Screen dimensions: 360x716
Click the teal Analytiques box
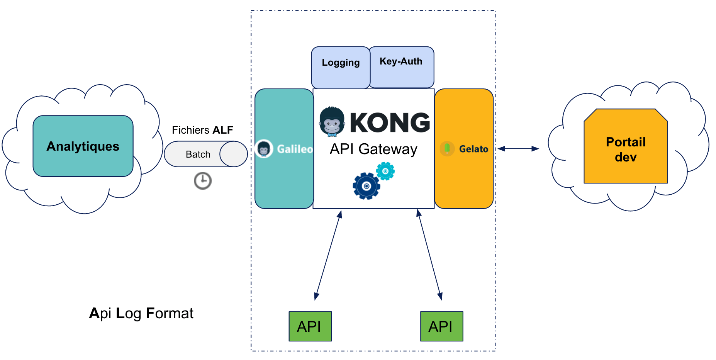click(83, 146)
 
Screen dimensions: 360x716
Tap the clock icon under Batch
click(203, 181)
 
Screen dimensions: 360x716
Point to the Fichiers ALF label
click(202, 130)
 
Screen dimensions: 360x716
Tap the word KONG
click(390, 123)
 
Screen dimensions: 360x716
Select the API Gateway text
click(373, 149)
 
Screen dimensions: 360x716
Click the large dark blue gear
click(366, 186)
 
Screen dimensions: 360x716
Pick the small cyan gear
click(385, 171)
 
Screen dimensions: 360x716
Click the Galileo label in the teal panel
click(295, 149)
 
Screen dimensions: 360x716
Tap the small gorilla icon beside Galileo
click(264, 149)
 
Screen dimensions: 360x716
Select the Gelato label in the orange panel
click(473, 149)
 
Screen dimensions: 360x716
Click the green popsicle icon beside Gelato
click(447, 148)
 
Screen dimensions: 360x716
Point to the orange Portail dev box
click(626, 147)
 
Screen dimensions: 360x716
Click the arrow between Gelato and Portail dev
click(518, 149)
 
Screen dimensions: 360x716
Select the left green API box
click(310, 326)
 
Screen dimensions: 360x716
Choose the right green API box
click(441, 326)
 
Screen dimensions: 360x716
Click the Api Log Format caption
click(141, 313)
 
